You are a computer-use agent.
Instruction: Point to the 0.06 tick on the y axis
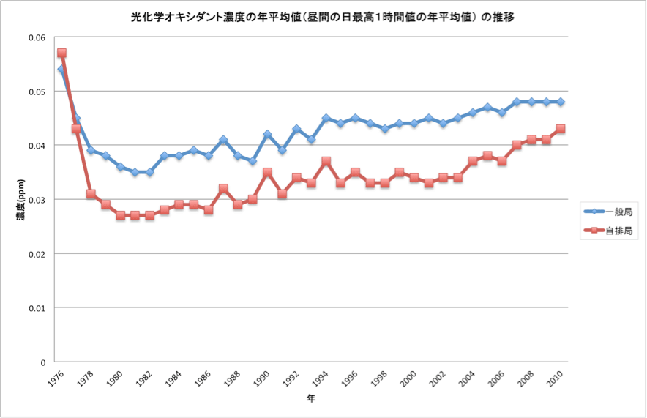click(36, 37)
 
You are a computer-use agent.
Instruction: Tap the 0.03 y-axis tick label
click(36, 200)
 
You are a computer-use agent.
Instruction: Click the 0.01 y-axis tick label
click(36, 308)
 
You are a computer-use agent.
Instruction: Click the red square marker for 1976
click(61, 53)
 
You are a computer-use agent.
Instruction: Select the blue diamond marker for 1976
click(61, 70)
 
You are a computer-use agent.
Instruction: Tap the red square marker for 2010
click(561, 129)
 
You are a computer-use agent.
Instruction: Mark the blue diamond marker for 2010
click(561, 102)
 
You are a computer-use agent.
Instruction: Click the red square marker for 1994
click(326, 161)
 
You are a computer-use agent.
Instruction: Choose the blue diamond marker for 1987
click(223, 140)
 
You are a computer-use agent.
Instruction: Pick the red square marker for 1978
click(91, 194)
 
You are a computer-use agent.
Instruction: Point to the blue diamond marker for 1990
click(267, 135)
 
